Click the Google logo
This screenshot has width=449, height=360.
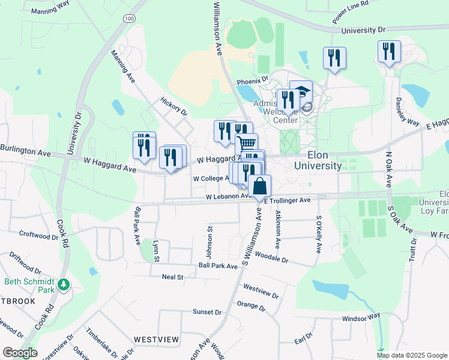20,353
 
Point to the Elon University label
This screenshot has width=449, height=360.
319,160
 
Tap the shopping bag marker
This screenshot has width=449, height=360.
259,186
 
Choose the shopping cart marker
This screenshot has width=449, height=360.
246,144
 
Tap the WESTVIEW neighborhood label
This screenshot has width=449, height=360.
156,340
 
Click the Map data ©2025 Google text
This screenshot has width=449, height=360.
412,355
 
